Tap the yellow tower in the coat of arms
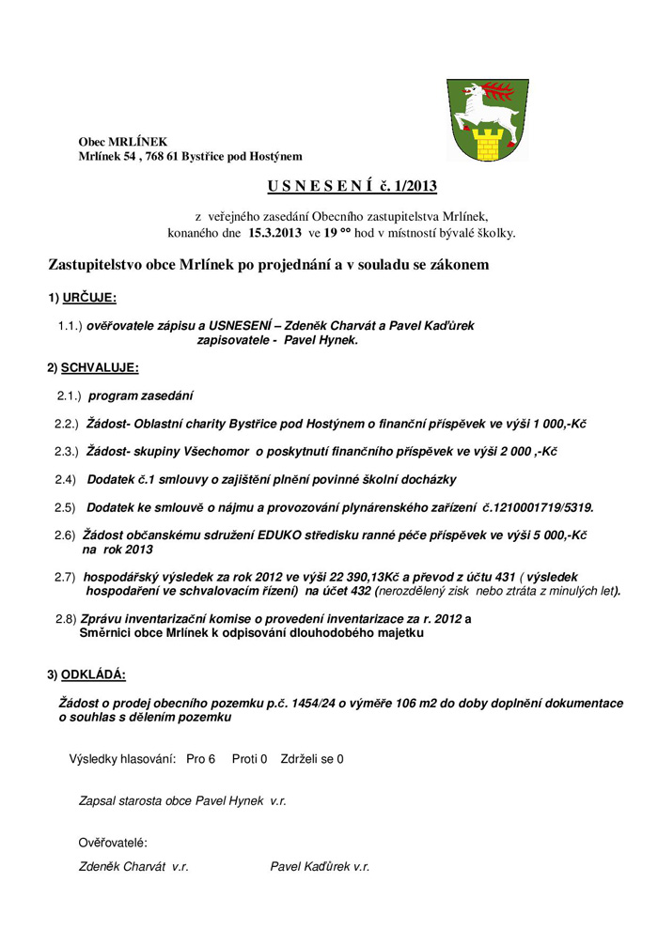pyautogui.click(x=487, y=144)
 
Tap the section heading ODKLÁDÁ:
pyautogui.click(x=92, y=674)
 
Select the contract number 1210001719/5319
pyautogui.click(x=537, y=507)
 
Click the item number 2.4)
pyautogui.click(x=65, y=480)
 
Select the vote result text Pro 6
pyautogui.click(x=201, y=758)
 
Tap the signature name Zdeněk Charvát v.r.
pyautogui.click(x=133, y=867)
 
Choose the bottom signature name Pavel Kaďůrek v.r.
pyautogui.click(x=320, y=867)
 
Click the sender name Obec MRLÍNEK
pyautogui.click(x=123, y=141)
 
